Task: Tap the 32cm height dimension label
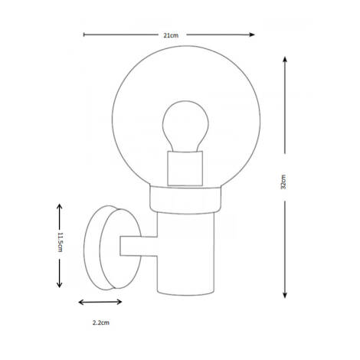point(284,182)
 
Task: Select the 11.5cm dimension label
point(58,245)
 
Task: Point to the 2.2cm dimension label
point(101,323)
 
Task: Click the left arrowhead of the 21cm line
point(85,34)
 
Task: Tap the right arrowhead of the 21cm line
point(254,34)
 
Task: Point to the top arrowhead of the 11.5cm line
point(59,205)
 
